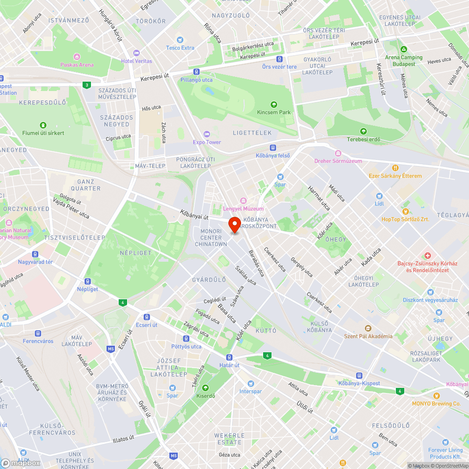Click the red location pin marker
pos(234,225)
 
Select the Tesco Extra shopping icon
pos(180,40)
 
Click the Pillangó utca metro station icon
pos(197,72)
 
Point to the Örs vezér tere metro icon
pos(279,59)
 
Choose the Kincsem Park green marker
pos(274,105)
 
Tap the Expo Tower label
pos(207,142)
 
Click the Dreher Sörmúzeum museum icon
pos(338,153)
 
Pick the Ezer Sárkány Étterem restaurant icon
pos(395,168)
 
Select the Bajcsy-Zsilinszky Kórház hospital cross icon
pos(427,256)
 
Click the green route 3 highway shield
pos(86,85)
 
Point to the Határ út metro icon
pos(229,357)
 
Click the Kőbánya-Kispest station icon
pos(359,376)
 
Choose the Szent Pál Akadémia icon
pos(368,328)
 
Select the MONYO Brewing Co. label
pos(436,403)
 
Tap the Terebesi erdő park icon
pos(363,132)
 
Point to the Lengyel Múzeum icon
pos(243,201)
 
